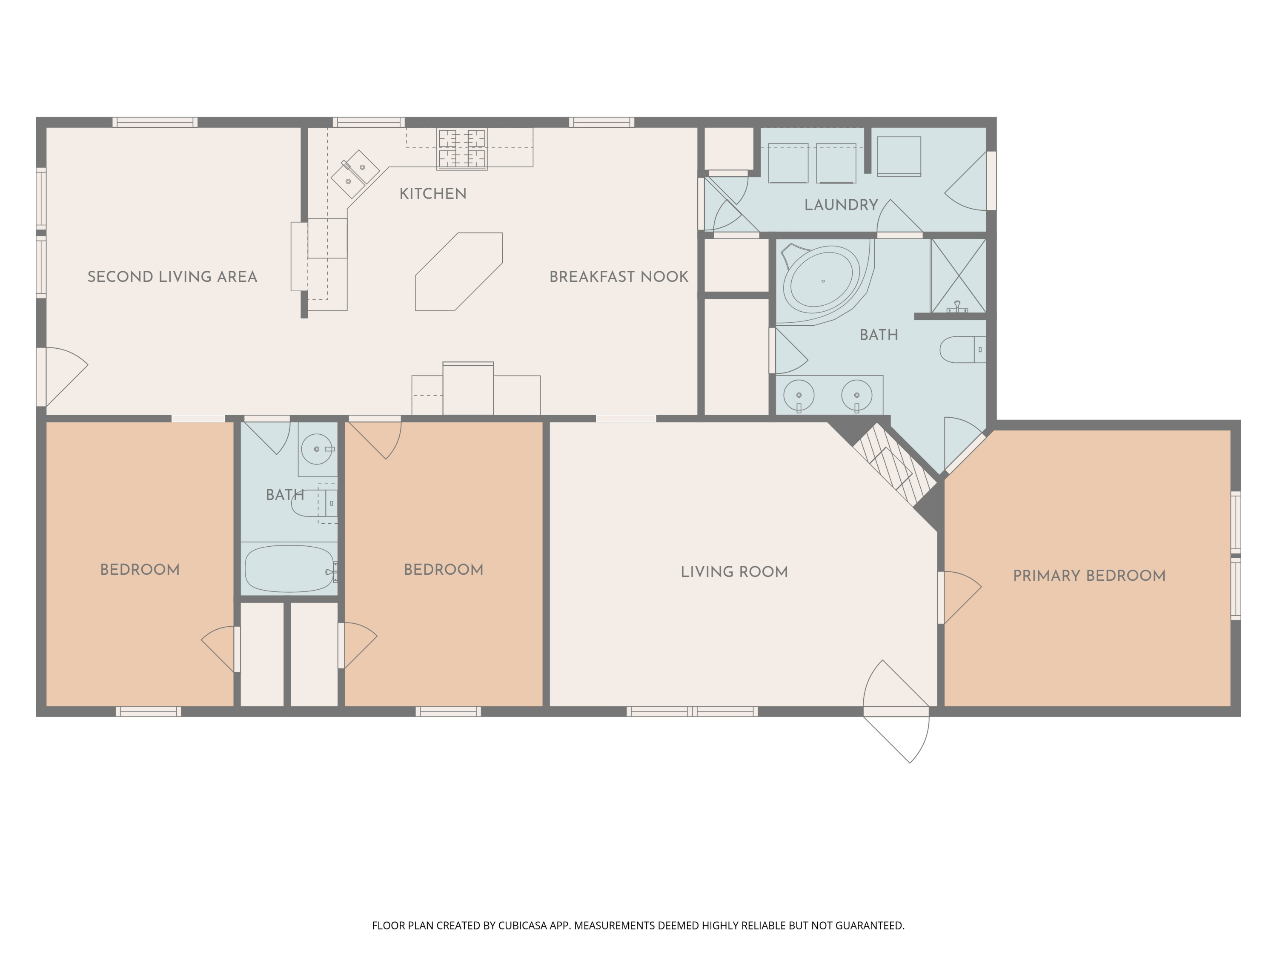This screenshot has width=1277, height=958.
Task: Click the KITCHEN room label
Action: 433,193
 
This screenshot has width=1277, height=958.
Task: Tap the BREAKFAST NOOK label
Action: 619,277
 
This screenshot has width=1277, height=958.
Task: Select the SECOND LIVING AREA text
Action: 172,277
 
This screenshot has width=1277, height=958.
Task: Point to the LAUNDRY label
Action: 841,204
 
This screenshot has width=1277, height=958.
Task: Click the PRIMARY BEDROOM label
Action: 1089,575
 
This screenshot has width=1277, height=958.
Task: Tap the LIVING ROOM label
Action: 734,572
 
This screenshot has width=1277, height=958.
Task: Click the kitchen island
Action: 459,271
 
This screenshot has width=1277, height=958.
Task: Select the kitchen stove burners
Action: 462,149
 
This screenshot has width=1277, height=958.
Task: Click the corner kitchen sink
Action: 355,174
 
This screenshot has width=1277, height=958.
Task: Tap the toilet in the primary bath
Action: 962,350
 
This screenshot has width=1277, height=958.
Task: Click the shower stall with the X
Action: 958,276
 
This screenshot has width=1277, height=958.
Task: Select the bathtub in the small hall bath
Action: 290,569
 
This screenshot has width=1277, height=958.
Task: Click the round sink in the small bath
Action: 317,449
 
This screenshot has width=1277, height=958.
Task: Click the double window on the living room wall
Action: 692,711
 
